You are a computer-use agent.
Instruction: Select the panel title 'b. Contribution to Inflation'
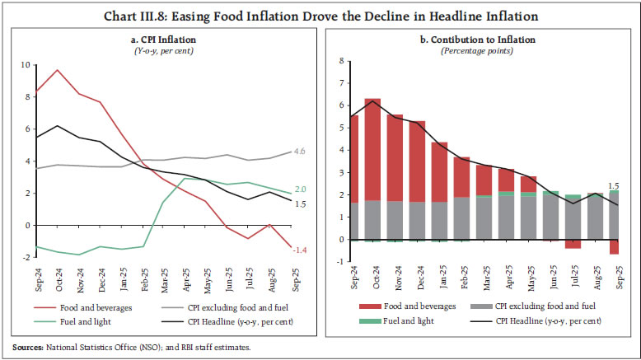click(x=477, y=39)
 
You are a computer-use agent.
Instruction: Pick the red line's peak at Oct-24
click(x=57, y=70)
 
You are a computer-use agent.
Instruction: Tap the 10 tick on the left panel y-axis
click(x=26, y=64)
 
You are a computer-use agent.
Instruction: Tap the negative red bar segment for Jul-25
click(x=573, y=244)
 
